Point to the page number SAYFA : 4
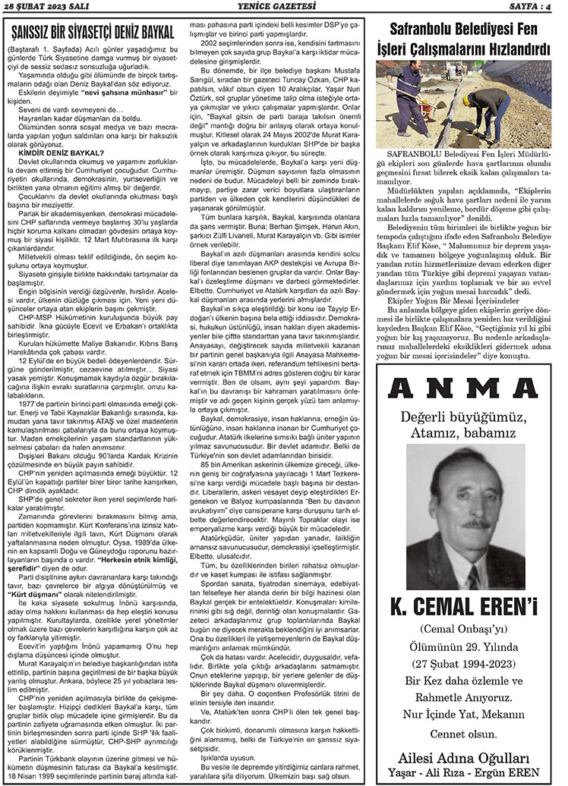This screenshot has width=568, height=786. (535, 8)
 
